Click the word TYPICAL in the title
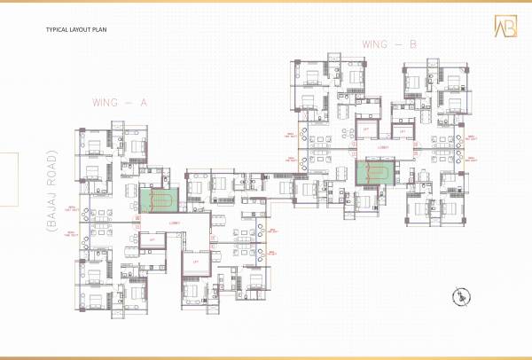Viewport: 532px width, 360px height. coord(56,30)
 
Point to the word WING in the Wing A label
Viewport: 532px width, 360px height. coord(106,103)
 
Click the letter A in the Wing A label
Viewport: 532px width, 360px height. coord(143,103)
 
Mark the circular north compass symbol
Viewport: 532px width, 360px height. coord(462,297)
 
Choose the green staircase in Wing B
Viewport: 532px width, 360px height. coord(376,172)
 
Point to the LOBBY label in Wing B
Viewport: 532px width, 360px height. coord(383,148)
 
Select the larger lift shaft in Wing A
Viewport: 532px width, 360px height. coord(195,262)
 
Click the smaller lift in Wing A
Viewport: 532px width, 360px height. coord(153,239)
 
